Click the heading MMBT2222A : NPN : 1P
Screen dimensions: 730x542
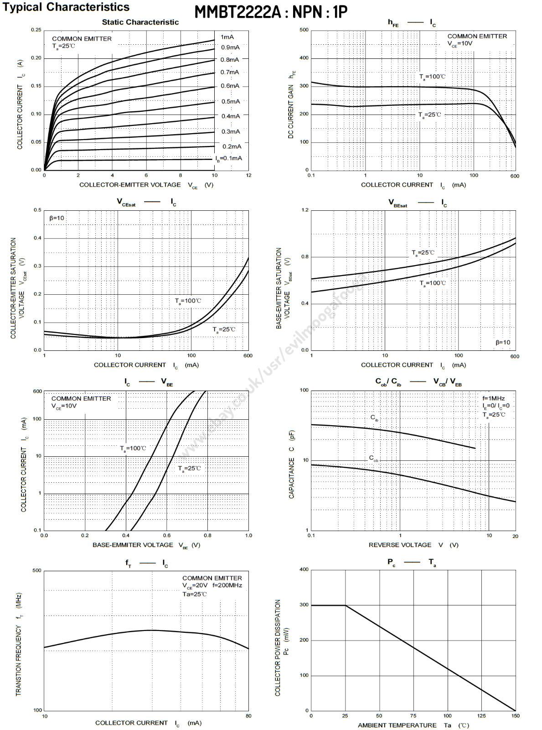pyautogui.click(x=271, y=12)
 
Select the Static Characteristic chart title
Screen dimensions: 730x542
pyautogui.click(x=140, y=22)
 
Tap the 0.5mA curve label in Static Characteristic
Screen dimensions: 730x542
pyautogui.click(x=231, y=102)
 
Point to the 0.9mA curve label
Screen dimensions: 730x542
pyautogui.click(x=230, y=47)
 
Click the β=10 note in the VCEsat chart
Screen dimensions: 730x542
pyautogui.click(x=57, y=218)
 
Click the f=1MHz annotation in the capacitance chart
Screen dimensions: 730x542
pyautogui.click(x=493, y=398)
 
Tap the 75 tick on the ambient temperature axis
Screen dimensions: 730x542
pyautogui.click(x=413, y=716)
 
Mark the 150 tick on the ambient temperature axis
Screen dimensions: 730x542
pyautogui.click(x=515, y=716)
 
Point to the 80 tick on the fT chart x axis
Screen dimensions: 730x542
pyautogui.click(x=248, y=716)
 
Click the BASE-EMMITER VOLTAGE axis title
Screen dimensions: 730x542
pyautogui.click(x=133, y=545)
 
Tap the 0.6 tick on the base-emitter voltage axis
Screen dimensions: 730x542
pyautogui.click(x=167, y=536)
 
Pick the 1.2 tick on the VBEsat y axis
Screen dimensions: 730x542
pyautogui.click(x=305, y=210)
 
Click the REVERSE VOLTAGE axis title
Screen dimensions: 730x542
pyautogui.click(x=400, y=545)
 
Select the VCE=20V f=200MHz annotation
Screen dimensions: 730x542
pyautogui.click(x=212, y=585)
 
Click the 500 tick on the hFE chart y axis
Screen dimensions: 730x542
pyautogui.click(x=304, y=30)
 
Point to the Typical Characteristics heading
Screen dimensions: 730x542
pyautogui.click(x=66, y=7)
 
